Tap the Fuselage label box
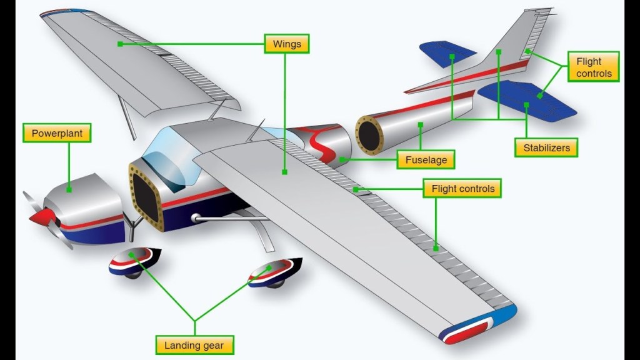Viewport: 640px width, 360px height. point(426,160)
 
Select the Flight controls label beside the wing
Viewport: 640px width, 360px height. point(462,188)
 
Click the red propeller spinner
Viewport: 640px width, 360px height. point(41,217)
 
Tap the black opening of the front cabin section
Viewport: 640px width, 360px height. point(146,194)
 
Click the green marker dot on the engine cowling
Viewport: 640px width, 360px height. point(69,188)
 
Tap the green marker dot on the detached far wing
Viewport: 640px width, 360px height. point(119,44)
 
